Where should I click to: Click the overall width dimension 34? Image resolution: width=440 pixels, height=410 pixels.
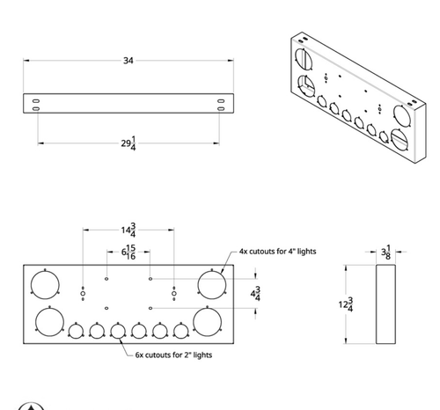pyautogui.click(x=128, y=61)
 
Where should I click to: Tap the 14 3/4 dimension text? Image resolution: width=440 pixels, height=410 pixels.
pyautogui.click(x=128, y=231)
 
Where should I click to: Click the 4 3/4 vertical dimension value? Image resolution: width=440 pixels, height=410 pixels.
pyautogui.click(x=256, y=294)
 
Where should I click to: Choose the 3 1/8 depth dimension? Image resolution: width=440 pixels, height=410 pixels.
pyautogui.click(x=388, y=253)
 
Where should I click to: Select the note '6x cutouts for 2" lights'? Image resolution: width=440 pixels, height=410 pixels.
pyautogui.click(x=173, y=355)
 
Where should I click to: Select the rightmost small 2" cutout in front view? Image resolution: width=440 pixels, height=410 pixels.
pyautogui.click(x=181, y=332)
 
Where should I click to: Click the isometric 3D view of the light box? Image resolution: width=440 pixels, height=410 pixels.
pyautogui.click(x=352, y=97)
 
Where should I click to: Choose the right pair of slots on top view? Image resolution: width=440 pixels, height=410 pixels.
pyautogui.click(x=220, y=105)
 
